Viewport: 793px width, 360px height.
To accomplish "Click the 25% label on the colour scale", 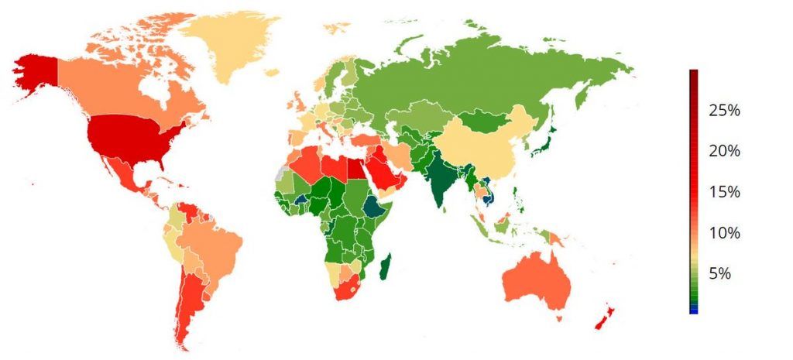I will coord(724,111).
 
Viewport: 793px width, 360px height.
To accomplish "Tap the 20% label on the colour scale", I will coord(724,151).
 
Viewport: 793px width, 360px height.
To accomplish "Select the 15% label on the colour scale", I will coord(724,192).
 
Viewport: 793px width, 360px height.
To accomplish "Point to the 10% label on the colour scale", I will coord(724,233).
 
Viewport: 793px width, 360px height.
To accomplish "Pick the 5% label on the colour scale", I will coord(728,274).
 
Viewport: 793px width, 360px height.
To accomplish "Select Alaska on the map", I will coord(35,74).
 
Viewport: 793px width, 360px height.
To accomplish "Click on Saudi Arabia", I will coord(383,166).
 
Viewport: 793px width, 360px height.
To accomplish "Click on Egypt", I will coord(355,165).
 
